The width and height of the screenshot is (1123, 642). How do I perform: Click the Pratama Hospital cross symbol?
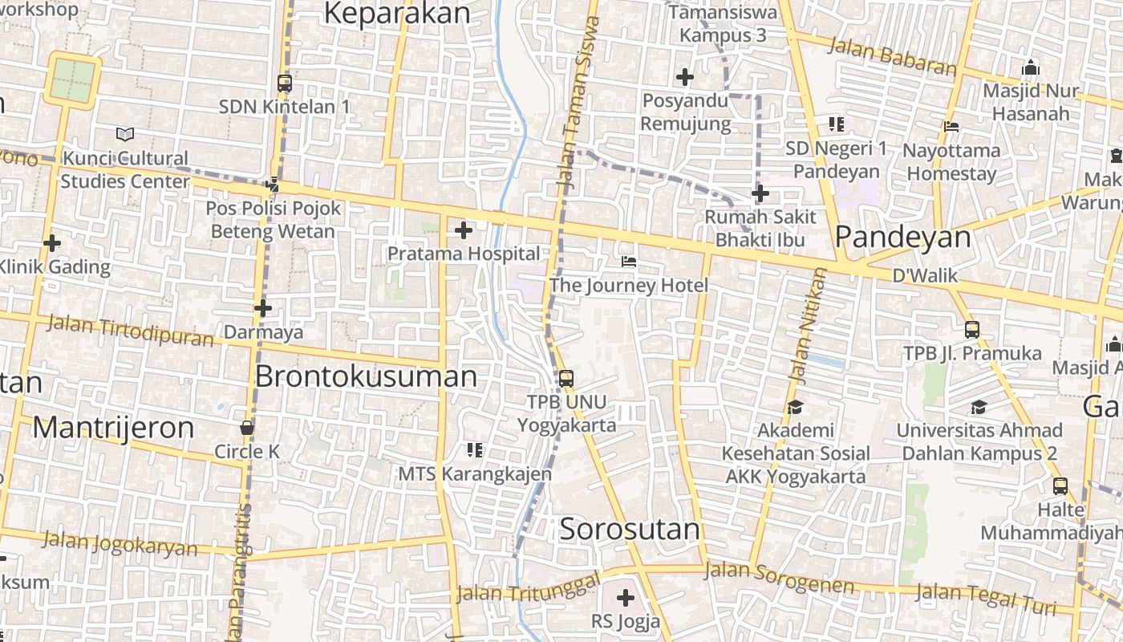coord(463,231)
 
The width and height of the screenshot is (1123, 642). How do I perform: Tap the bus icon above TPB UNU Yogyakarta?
coord(566,378)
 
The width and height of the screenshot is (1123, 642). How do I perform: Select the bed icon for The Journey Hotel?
coord(629,262)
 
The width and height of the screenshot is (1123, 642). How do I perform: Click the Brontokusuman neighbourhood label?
coord(366,376)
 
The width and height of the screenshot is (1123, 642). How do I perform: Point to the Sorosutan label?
coord(630,529)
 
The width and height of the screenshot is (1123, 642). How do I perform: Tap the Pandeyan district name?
coord(902,237)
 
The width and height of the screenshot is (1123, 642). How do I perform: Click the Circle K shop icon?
coord(247,428)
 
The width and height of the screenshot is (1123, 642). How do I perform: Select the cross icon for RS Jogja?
coord(625,597)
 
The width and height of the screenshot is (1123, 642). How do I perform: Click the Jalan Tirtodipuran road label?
coord(131,330)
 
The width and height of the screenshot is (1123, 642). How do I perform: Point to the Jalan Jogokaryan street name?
coord(120,543)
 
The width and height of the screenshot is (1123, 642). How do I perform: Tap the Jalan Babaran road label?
coord(892,56)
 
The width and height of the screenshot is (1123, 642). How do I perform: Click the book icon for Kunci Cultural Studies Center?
coord(125,134)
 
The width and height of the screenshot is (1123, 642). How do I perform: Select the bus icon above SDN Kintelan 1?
coord(285,83)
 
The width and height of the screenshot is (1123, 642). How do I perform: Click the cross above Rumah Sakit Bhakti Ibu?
coord(760,193)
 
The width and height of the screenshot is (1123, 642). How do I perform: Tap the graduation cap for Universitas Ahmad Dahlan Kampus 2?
coord(979,407)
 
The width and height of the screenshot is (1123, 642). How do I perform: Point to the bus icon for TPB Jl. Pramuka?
coord(972,329)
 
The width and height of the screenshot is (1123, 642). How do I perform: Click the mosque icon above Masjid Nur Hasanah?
coord(1031,67)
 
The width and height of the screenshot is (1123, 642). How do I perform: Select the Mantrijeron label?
coord(113,428)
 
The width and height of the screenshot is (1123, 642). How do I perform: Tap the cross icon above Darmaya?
coord(263,308)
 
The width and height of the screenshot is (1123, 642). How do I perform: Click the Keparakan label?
coord(396,13)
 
